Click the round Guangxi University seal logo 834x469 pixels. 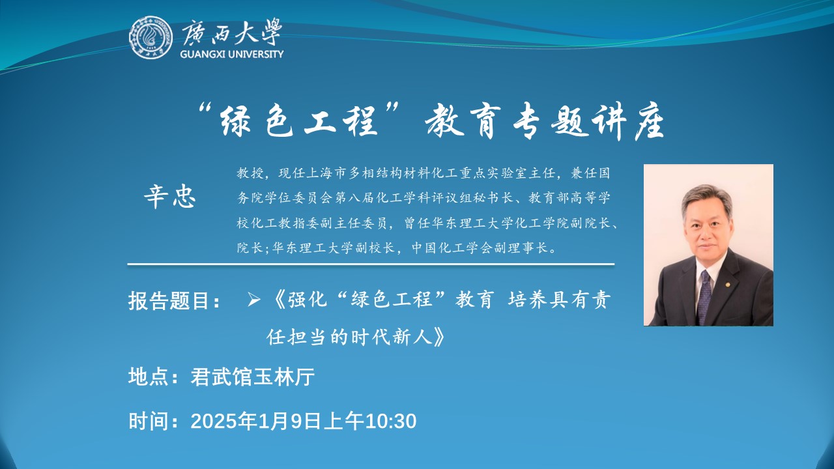coord(151,37)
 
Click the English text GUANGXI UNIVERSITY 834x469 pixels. coord(231,54)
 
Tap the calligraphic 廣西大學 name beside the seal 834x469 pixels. coord(231,33)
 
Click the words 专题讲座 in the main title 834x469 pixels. coord(589,121)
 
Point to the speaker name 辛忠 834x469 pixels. coord(170,197)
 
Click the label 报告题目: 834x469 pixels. coord(174,300)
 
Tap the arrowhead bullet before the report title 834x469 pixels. coord(253,300)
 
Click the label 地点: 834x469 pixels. coord(153,377)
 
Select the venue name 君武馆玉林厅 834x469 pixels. coord(253,377)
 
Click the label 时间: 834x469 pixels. coord(153,421)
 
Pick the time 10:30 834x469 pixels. coord(391,421)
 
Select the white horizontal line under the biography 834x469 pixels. coord(371,264)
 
